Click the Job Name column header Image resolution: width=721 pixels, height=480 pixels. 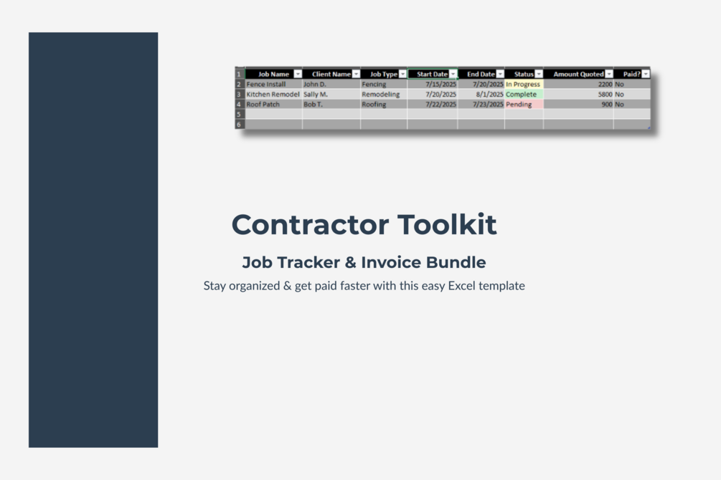tap(273, 74)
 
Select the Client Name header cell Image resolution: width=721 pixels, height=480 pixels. tap(331, 74)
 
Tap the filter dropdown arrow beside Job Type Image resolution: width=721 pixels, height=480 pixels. tap(402, 74)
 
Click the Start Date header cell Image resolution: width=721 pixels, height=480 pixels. tap(433, 74)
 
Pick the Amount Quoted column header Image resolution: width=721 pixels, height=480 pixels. tap(578, 74)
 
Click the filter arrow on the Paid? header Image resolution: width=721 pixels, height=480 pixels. tap(646, 74)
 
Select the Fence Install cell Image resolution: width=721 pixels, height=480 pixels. tap(273, 84)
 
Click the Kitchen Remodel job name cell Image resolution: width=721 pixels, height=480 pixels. tap(273, 94)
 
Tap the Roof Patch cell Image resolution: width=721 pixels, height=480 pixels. tap(273, 105)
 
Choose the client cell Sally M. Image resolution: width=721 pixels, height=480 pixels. tap(331, 94)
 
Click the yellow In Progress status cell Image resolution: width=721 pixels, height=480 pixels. tap(524, 84)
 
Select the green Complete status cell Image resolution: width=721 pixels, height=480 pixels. tap(524, 94)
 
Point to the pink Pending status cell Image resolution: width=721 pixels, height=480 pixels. tap(524, 105)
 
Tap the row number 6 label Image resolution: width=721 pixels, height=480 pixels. tap(240, 125)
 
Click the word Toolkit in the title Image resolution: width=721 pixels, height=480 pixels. tap(447, 225)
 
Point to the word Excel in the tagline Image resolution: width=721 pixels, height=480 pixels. tap(463, 286)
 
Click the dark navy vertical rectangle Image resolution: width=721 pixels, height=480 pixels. tap(93, 240)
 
